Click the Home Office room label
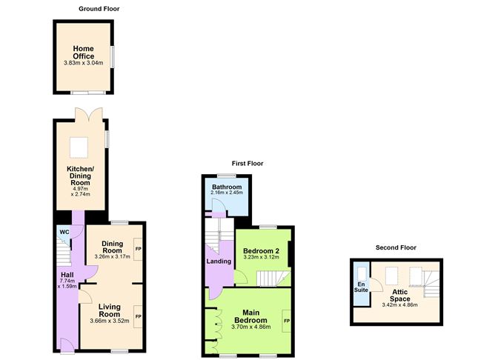[83, 53]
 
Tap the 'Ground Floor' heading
[99, 9]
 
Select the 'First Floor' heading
[247, 164]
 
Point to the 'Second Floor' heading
[396, 247]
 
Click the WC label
[64, 232]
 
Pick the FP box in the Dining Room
[138, 249]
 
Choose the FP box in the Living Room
[138, 316]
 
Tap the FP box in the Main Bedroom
[287, 321]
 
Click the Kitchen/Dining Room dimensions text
[81, 192]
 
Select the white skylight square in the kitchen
[79, 147]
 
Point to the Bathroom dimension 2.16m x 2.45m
[227, 192]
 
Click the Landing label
[219, 261]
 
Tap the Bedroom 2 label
[261, 251]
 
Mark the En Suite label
[361, 287]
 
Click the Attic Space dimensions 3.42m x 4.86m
[399, 304]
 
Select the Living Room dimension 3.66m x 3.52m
[110, 321]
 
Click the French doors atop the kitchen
[89, 116]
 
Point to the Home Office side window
[113, 57]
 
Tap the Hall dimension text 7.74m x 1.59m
[67, 284]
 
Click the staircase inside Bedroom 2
[273, 279]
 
